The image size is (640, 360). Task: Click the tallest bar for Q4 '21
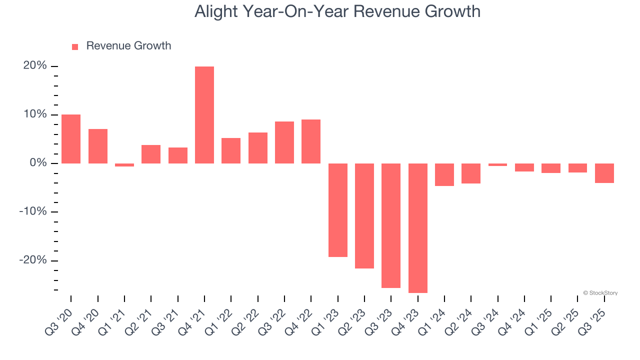click(x=204, y=115)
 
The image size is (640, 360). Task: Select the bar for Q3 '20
click(x=71, y=139)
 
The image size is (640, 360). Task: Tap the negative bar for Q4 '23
click(x=418, y=228)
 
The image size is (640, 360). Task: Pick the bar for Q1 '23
click(x=338, y=210)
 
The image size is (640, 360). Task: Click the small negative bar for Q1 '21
click(x=124, y=165)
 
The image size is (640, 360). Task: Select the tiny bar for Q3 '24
click(x=498, y=164)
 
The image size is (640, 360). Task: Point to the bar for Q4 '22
click(x=311, y=141)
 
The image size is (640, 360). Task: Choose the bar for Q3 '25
click(x=604, y=173)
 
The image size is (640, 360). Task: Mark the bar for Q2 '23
click(x=364, y=216)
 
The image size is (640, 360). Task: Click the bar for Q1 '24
click(x=444, y=174)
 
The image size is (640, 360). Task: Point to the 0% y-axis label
click(x=38, y=163)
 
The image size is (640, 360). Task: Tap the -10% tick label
click(x=33, y=211)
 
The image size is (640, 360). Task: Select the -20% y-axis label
click(x=33, y=260)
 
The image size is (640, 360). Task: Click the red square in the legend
click(x=75, y=46)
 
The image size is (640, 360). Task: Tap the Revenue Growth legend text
click(x=128, y=46)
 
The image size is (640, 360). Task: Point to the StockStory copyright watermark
click(x=600, y=293)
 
